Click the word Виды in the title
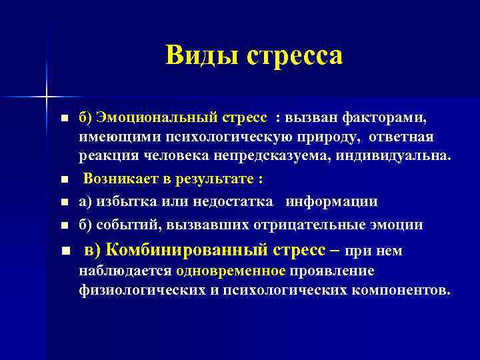pos(203,55)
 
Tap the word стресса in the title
pos(295,55)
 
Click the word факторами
pos(386,117)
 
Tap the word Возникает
pos(121,180)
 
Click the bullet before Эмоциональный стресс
pos(64,119)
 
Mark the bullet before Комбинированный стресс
pos(64,251)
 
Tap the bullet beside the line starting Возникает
pos(64,181)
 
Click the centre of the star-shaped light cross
pos(47,98)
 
